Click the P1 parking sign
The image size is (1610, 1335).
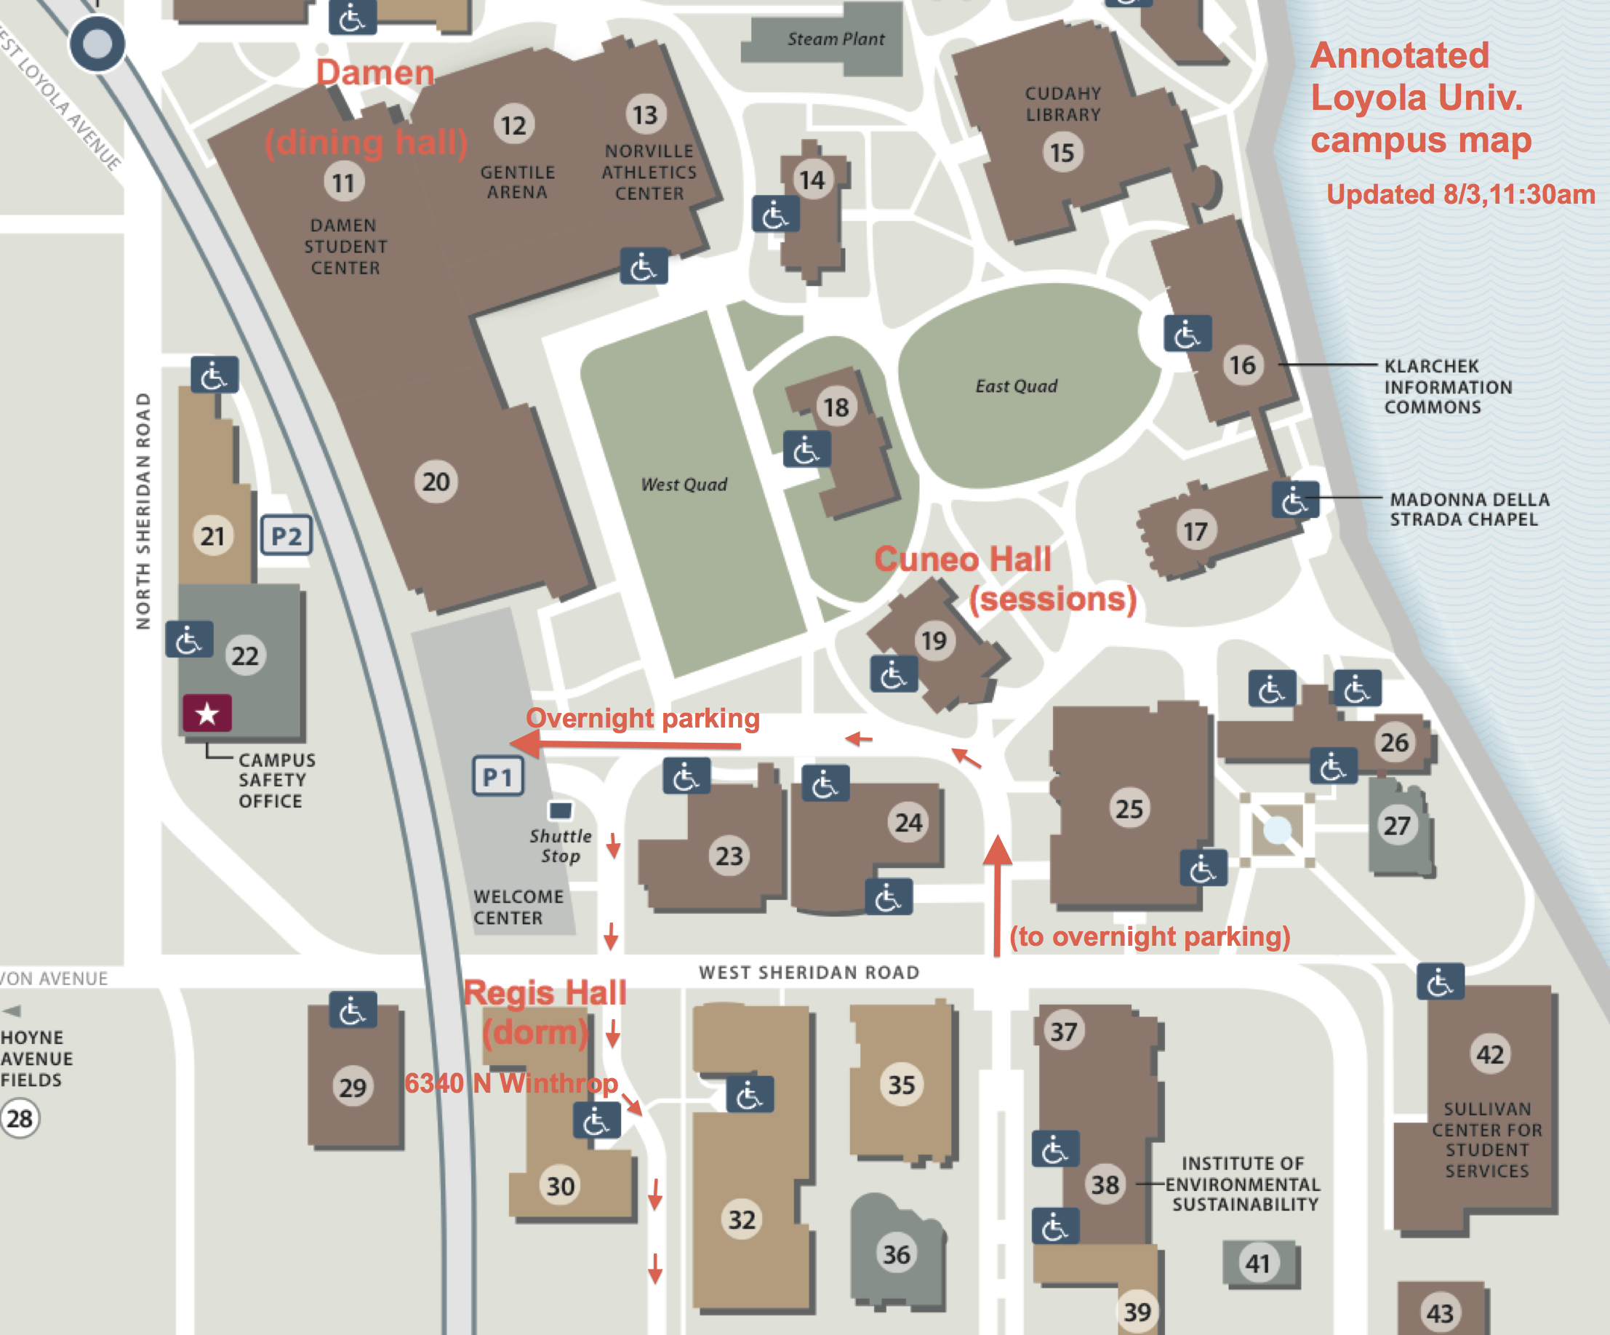click(497, 777)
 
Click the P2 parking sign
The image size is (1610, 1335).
click(287, 535)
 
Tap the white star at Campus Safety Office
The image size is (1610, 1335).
click(207, 714)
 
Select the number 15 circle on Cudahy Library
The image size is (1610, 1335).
click(1062, 153)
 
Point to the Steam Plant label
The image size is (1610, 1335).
click(836, 39)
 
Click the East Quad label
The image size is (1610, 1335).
click(1016, 386)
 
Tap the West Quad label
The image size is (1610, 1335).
click(684, 485)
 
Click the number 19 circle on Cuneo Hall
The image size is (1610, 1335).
click(934, 640)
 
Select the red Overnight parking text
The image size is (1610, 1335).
click(642, 719)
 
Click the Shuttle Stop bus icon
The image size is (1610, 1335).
click(561, 810)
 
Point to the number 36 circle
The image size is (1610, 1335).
click(896, 1254)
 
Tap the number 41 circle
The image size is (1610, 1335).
click(1257, 1263)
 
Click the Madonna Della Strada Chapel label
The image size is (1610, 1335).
click(1468, 509)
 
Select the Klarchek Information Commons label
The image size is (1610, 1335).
click(1447, 386)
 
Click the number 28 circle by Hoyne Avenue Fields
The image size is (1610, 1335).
click(20, 1119)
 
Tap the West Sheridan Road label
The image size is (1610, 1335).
click(809, 972)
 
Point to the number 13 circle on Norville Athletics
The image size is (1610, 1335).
click(645, 115)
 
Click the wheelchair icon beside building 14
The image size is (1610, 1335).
click(775, 214)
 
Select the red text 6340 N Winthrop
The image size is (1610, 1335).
click(510, 1083)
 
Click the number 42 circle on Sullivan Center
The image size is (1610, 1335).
click(1489, 1054)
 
